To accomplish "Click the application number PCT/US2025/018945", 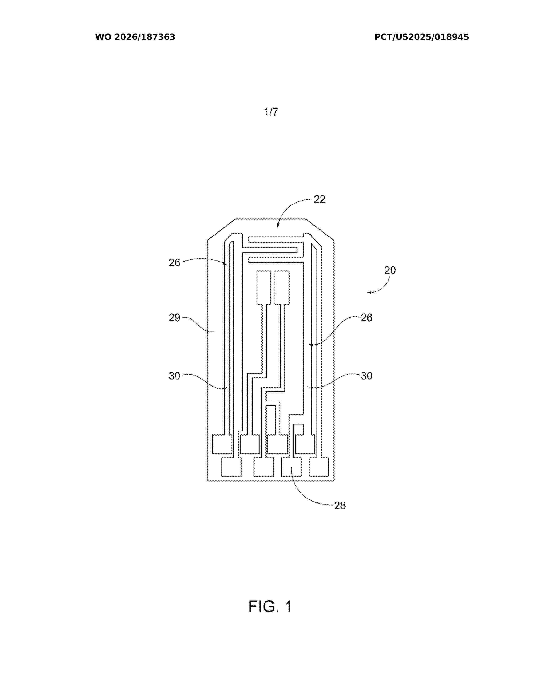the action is coord(422,37).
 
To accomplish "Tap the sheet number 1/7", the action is coord(271,112).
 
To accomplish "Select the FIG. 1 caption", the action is coord(270,606).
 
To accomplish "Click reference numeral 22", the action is coord(319,199).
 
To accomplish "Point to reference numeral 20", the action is coord(390,270).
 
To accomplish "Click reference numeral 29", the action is coord(174,318).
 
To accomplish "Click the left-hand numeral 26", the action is coord(174,263).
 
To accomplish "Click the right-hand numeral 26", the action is coord(366,318).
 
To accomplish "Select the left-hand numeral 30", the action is coord(174,376).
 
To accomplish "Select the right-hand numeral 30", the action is coord(366,376).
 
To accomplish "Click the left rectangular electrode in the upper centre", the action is coord(264,287).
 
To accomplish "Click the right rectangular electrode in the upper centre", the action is coord(282,287).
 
